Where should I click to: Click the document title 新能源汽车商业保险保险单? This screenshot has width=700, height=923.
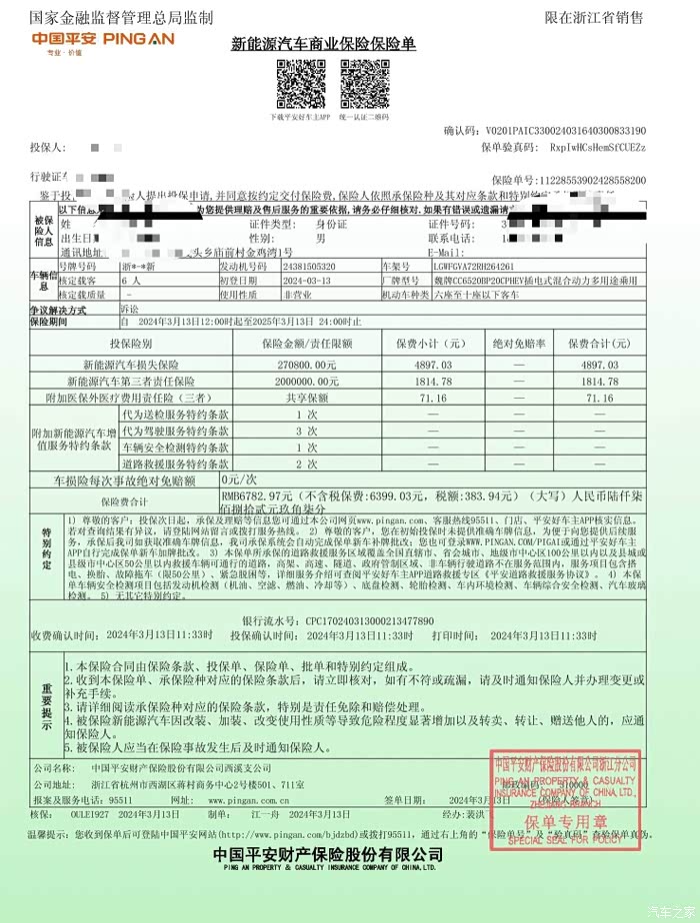tap(322, 45)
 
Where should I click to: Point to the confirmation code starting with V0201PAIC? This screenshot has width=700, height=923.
tap(564, 131)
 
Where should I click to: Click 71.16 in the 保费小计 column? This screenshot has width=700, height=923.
tap(434, 398)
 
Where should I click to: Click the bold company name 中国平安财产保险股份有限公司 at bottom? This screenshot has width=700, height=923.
tap(327, 855)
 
